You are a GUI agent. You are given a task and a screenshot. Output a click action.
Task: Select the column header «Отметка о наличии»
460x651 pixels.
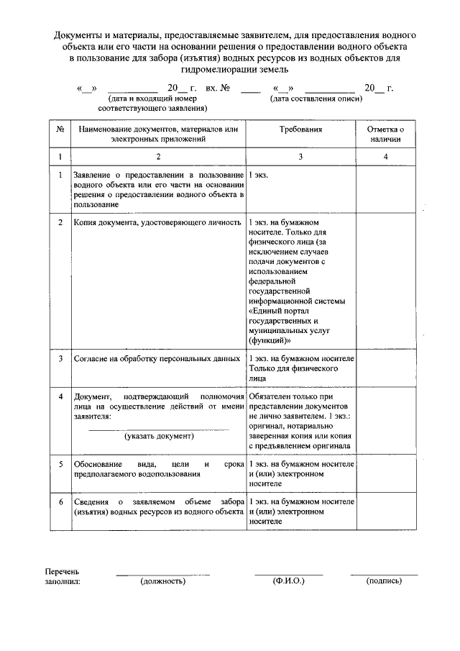[x=386, y=134]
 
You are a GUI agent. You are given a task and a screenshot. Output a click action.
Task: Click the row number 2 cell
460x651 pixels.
[x=60, y=223]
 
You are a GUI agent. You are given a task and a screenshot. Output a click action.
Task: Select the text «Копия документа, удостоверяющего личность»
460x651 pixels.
[x=157, y=223]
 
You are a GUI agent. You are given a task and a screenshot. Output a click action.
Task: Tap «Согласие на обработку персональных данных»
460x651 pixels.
[x=157, y=358]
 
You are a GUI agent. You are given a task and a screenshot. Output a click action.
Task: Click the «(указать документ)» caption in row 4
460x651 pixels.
[x=158, y=436]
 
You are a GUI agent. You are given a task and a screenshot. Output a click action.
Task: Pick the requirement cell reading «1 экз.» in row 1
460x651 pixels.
[x=259, y=175]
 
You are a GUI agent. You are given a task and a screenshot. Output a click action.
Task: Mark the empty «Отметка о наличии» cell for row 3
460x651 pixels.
[x=386, y=368]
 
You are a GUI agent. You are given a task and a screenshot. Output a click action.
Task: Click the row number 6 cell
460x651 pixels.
[x=60, y=501]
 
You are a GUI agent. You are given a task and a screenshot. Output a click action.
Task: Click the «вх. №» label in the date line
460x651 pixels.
[x=217, y=88]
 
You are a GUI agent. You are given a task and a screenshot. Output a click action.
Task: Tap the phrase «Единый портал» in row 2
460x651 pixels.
[x=280, y=309]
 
